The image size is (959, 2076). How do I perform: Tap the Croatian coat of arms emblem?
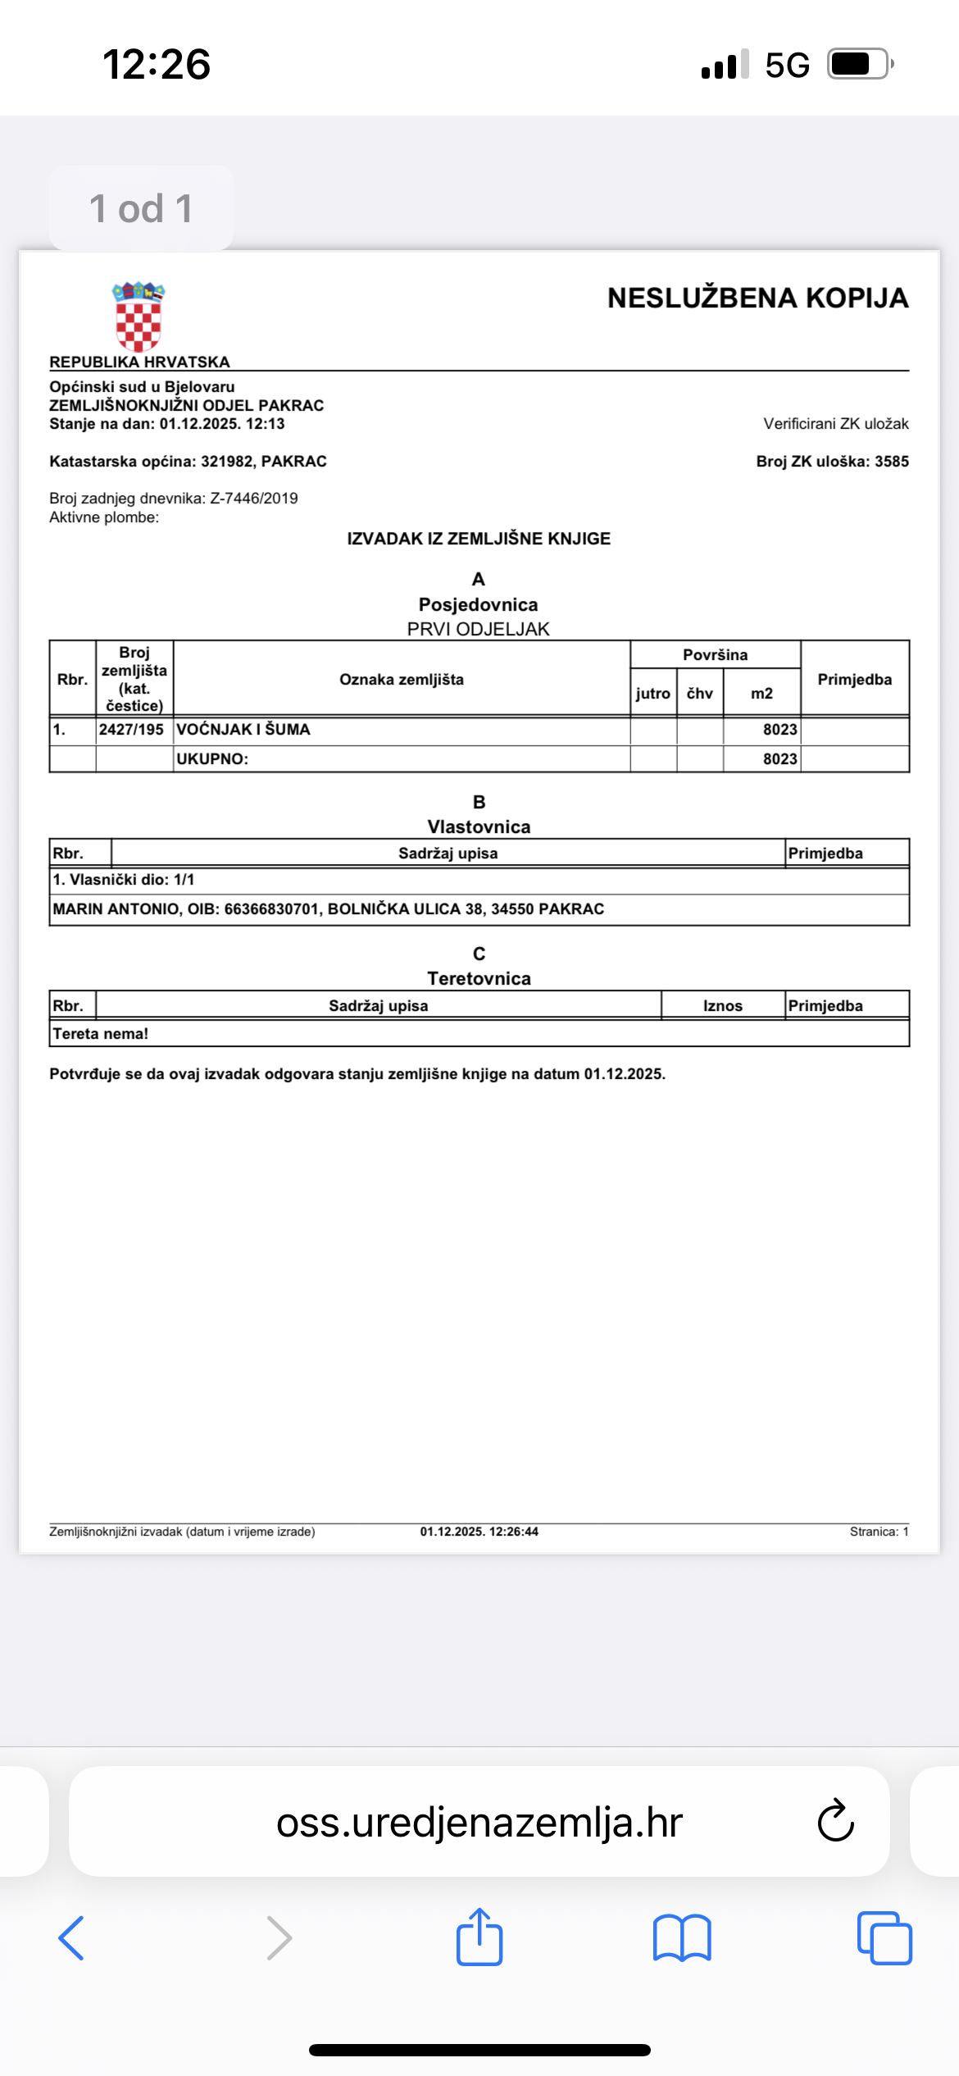point(139,316)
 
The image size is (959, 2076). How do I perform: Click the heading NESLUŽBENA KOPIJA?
point(757,298)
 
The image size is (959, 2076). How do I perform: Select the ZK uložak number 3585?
point(891,462)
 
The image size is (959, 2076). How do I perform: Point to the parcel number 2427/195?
point(131,730)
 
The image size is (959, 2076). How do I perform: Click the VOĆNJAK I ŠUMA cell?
point(243,730)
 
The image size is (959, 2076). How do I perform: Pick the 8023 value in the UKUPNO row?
point(779,759)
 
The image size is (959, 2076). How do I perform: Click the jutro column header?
point(652,694)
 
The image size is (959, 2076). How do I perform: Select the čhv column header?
point(700,694)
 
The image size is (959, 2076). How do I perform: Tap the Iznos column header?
point(722,1006)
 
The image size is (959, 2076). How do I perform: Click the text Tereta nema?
point(101,1034)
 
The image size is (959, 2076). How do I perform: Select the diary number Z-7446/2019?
point(254,499)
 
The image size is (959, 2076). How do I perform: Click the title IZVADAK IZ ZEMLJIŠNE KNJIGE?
point(479,539)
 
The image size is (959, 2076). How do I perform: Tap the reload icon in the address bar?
point(835,1821)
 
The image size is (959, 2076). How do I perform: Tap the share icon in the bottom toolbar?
point(479,1937)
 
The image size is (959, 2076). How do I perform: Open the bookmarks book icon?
point(682,1938)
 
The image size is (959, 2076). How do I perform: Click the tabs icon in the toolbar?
point(884,1938)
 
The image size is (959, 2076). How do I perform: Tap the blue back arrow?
point(72,1938)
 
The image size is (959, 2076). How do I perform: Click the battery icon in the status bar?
point(858,64)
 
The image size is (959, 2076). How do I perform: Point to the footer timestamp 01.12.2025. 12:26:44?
point(479,1532)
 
